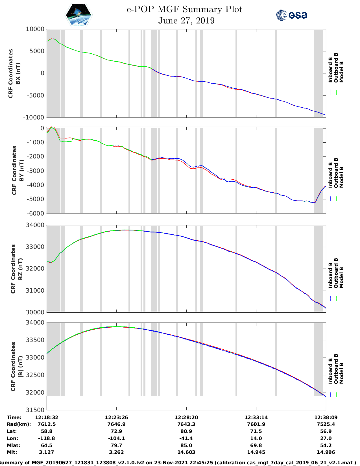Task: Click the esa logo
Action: click(x=291, y=15)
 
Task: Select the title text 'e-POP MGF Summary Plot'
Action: click(x=184, y=10)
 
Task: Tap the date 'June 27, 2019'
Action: click(x=186, y=21)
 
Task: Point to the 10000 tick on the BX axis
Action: click(x=35, y=29)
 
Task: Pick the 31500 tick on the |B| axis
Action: click(x=35, y=410)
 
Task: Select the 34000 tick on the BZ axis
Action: click(x=35, y=225)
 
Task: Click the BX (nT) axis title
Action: click(x=18, y=73)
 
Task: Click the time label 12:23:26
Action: click(x=116, y=417)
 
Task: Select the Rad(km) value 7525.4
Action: click(x=326, y=424)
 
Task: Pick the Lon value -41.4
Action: click(x=186, y=438)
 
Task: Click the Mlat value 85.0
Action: click(x=186, y=445)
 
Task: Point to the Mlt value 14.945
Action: click(x=256, y=452)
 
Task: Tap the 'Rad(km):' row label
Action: click(x=19, y=424)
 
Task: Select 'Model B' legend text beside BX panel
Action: click(x=341, y=72)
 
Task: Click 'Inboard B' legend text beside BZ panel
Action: click(x=331, y=275)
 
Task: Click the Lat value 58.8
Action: click(x=47, y=431)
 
